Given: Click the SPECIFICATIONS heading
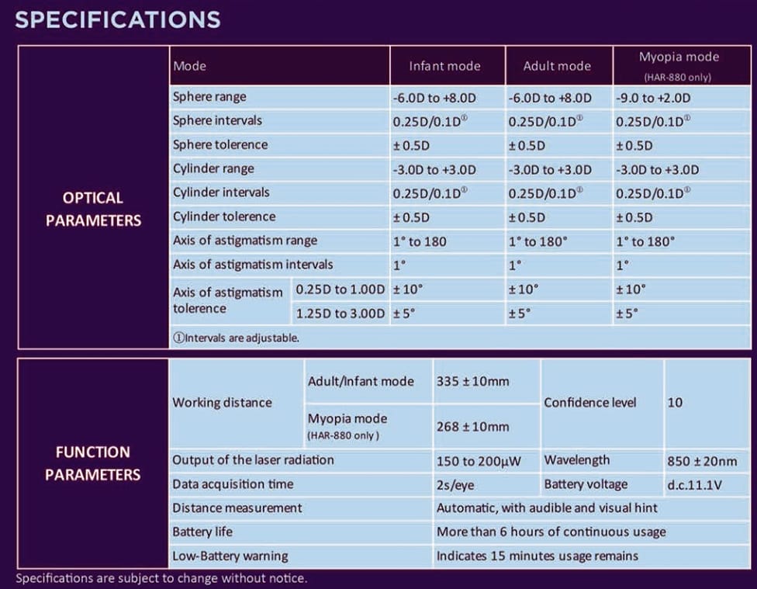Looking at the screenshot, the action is [118, 20].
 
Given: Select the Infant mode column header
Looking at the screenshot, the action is [444, 66].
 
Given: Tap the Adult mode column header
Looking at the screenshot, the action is [557, 66].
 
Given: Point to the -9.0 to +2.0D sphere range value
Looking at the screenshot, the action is [653, 98].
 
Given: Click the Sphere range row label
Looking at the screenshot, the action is [209, 97].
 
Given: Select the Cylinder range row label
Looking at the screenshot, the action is [213, 168].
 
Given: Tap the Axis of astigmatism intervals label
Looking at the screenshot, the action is [253, 265].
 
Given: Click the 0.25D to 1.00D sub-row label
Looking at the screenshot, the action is [340, 289].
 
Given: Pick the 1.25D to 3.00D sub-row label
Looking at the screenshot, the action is [340, 314].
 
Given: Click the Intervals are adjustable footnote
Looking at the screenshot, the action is [236, 338].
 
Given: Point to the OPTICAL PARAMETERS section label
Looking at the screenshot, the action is [93, 210].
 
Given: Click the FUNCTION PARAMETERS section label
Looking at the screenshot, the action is [93, 463].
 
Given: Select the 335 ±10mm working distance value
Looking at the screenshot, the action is [472, 381].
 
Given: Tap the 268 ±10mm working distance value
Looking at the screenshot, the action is [472, 427].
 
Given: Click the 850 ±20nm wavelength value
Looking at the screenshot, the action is [702, 462].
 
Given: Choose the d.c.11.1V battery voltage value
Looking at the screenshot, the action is [695, 485].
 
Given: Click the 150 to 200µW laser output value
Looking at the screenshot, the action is [479, 462].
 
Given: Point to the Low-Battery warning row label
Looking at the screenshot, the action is [230, 556].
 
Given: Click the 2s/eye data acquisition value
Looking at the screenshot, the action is [455, 485].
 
